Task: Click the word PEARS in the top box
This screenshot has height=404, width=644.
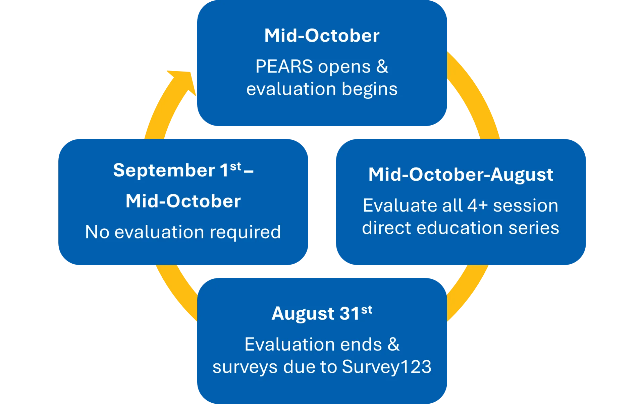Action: point(284,66)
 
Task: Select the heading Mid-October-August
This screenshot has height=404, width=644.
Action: point(461,175)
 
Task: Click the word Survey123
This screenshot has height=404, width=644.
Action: point(386,366)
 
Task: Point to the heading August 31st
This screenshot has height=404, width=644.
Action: point(321,313)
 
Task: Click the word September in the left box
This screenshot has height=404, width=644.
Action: point(164,170)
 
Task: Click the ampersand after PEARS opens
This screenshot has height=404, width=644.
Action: point(382,66)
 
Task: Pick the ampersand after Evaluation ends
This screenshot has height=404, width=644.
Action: point(393,344)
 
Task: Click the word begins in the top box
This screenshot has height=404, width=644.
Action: point(369,89)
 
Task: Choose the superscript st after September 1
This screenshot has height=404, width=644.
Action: point(235,166)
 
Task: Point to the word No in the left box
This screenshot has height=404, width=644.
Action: point(97,232)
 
